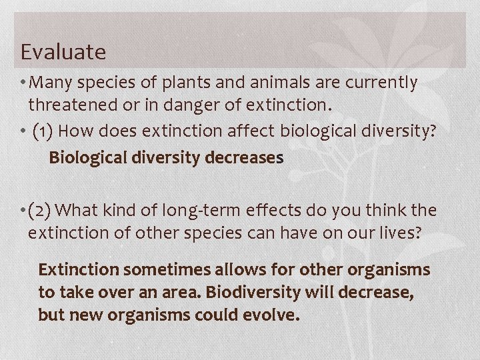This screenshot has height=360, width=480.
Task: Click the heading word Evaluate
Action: pyautogui.click(x=63, y=51)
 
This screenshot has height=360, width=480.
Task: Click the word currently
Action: pyautogui.click(x=381, y=83)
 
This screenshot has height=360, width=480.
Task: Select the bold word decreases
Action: pyautogui.click(x=246, y=159)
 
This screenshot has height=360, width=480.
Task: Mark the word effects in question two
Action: pyautogui.click(x=261, y=211)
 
